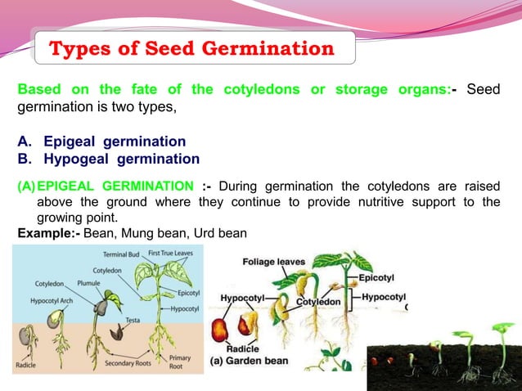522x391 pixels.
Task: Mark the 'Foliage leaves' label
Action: tap(273, 262)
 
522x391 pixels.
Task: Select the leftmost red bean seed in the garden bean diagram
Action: tap(220, 329)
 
